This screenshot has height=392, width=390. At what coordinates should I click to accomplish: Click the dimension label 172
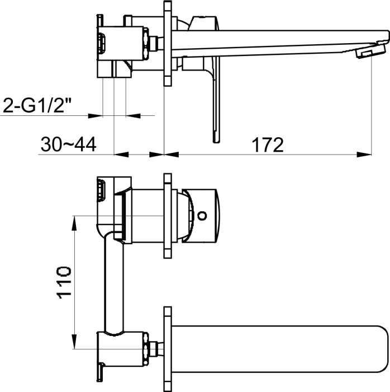click(x=268, y=144)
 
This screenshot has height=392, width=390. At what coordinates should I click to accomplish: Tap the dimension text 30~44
click(x=69, y=144)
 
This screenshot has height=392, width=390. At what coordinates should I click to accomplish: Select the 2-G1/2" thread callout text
click(x=37, y=105)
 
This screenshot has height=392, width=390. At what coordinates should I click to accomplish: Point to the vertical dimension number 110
click(x=64, y=283)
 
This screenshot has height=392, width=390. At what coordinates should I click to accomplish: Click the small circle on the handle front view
click(x=202, y=215)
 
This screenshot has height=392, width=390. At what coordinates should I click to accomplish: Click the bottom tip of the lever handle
click(x=216, y=141)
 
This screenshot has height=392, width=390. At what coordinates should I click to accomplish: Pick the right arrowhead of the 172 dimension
click(x=364, y=155)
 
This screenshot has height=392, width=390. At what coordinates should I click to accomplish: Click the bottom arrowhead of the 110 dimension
click(x=74, y=341)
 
